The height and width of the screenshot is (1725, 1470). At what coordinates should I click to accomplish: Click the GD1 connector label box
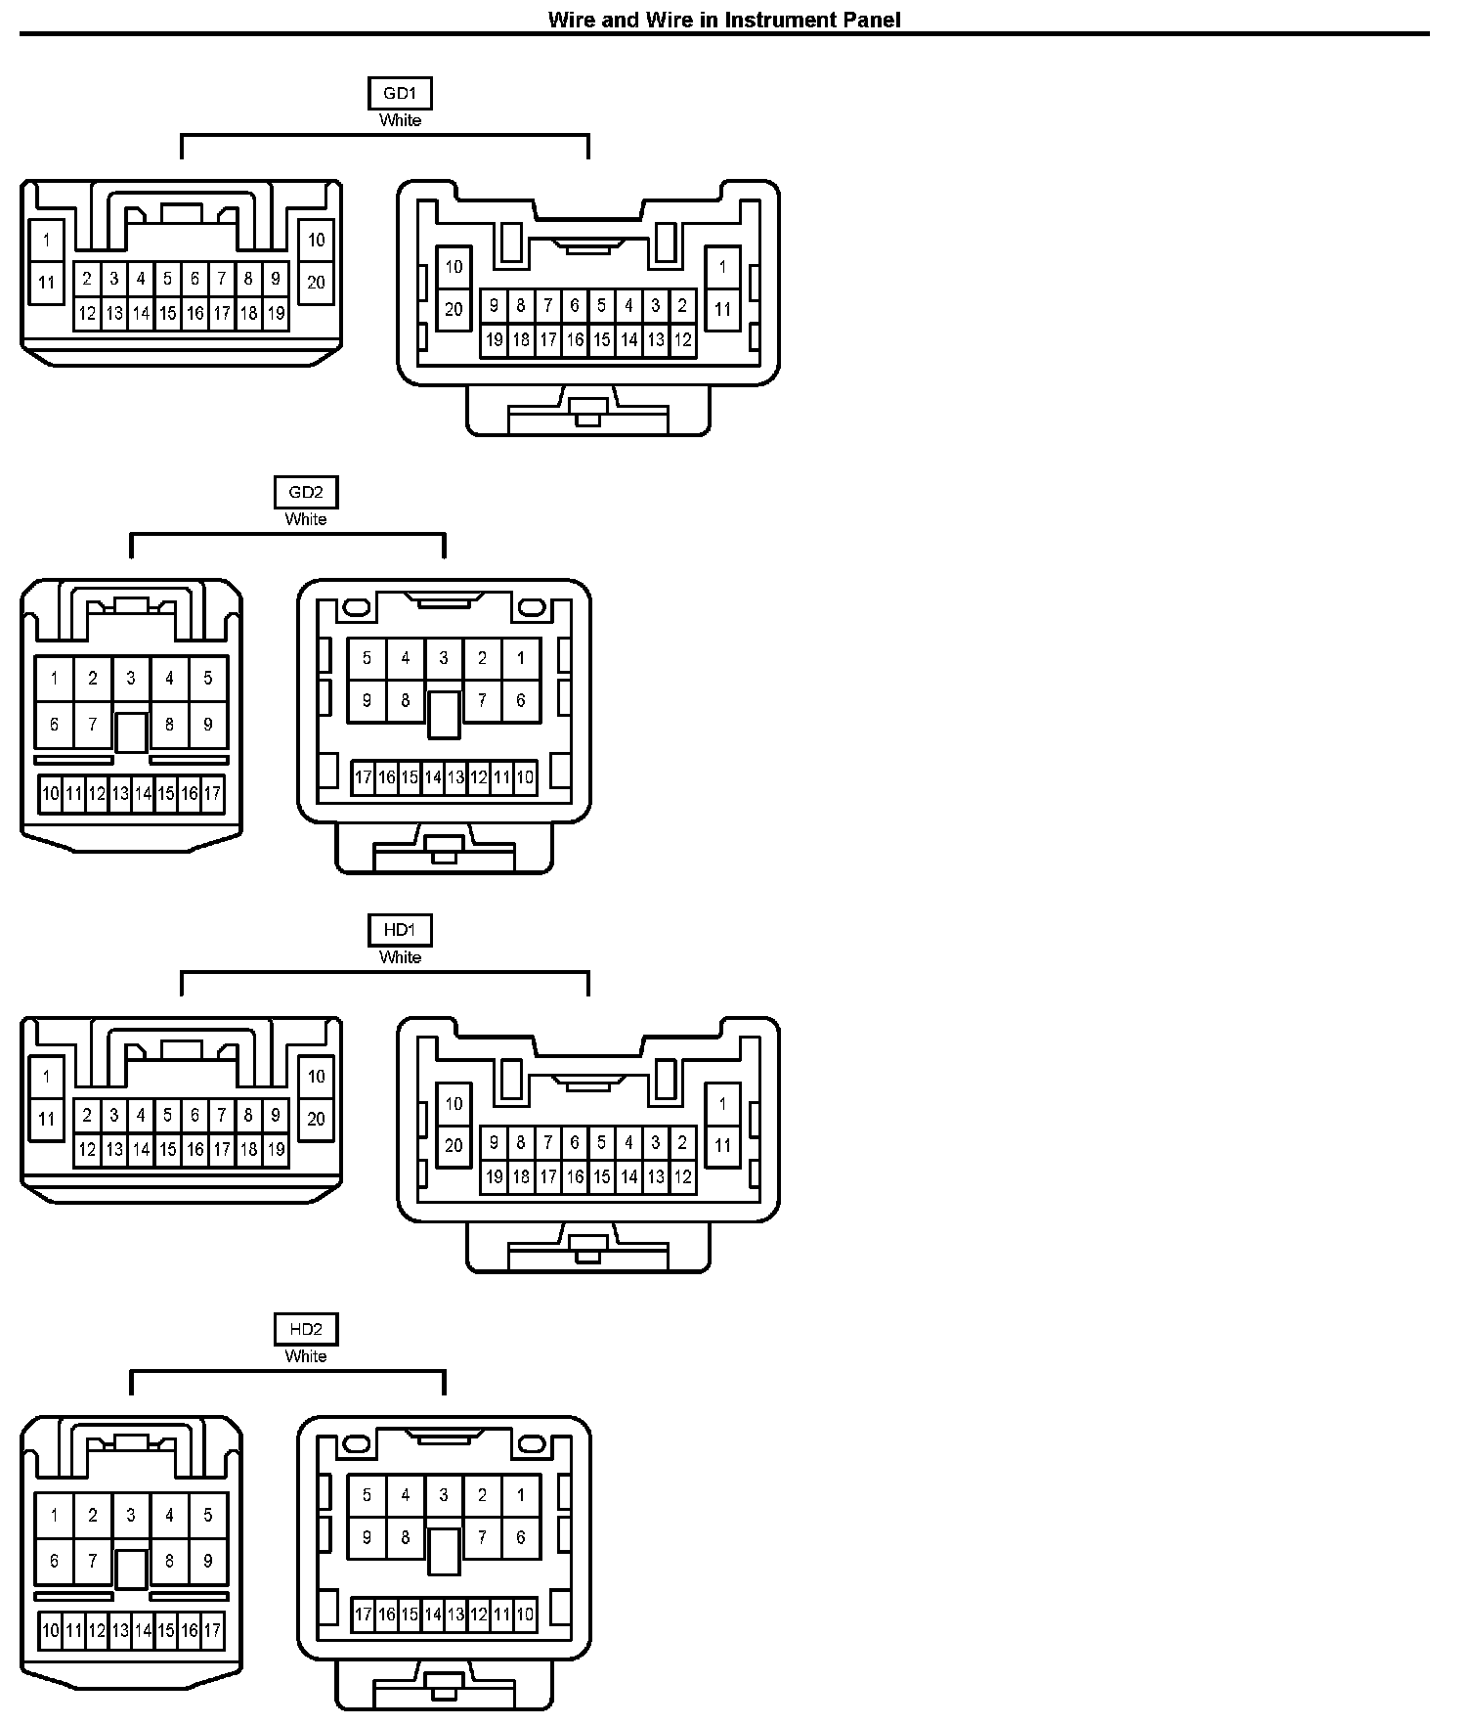[x=400, y=94]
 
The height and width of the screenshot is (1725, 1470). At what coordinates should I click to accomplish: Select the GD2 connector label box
[x=306, y=493]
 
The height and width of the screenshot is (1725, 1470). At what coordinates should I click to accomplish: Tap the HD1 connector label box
[x=400, y=931]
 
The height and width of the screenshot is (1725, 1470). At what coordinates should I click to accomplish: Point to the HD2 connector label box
[x=306, y=1330]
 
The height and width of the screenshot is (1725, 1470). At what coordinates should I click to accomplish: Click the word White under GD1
[x=400, y=120]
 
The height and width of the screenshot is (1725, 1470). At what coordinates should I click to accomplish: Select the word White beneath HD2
[x=306, y=1356]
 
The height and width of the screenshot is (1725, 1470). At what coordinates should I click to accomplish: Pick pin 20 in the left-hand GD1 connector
[x=316, y=283]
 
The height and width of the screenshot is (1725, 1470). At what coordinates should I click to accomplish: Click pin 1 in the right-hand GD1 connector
[x=722, y=267]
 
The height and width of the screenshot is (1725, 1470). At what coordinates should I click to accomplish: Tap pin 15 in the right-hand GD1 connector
[x=602, y=340]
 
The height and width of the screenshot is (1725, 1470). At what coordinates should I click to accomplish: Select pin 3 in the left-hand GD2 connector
[x=131, y=678]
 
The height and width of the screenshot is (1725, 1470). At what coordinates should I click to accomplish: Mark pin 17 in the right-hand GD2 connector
[x=364, y=778]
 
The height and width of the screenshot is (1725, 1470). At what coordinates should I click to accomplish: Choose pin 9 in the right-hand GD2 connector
[x=367, y=701]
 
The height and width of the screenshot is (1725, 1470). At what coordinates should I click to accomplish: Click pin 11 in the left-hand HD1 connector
[x=46, y=1120]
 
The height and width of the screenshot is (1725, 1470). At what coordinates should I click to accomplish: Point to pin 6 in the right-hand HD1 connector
[x=575, y=1142]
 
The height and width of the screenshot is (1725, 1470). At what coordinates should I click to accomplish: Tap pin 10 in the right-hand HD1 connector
[x=454, y=1104]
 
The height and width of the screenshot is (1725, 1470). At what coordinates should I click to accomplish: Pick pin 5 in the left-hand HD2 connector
[x=208, y=1516]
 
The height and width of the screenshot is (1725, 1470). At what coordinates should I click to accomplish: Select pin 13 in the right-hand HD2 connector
[x=455, y=1614]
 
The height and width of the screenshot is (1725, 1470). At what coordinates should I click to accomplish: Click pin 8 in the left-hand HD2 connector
[x=170, y=1561]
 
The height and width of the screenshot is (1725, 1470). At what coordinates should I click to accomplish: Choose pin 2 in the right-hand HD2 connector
[x=482, y=1495]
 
